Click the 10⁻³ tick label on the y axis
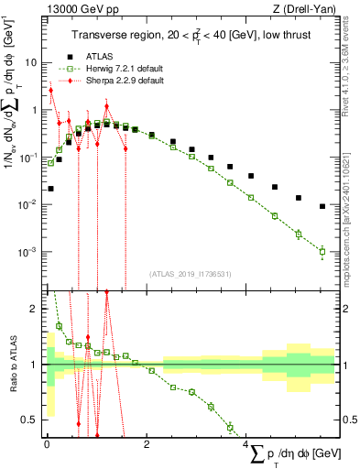click(x=28, y=251)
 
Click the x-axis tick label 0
click(x=47, y=445)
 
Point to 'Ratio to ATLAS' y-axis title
click(x=12, y=365)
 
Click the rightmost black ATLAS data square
click(x=322, y=206)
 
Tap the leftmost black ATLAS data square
click(x=50, y=189)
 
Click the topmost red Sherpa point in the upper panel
click(x=51, y=90)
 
